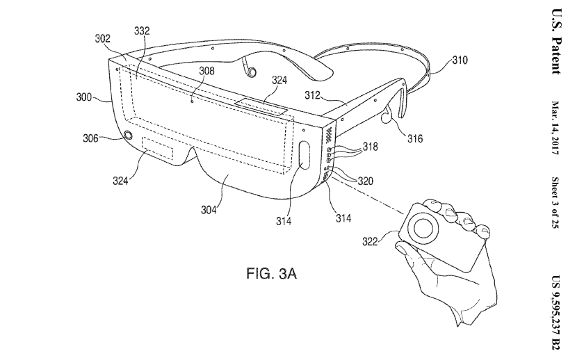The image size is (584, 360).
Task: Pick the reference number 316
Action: coord(414,138)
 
